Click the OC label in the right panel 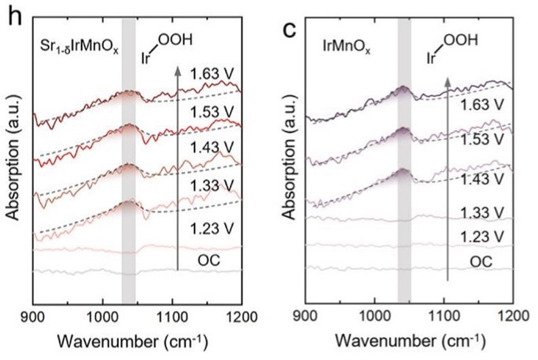pos(479,261)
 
